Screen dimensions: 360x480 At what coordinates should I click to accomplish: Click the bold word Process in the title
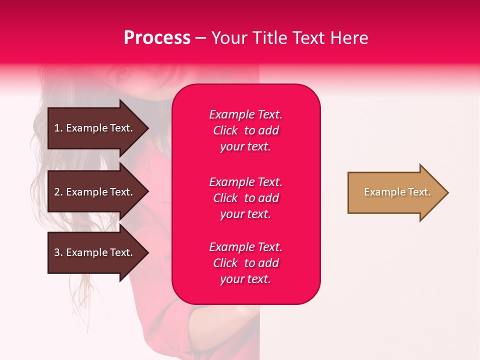(157, 38)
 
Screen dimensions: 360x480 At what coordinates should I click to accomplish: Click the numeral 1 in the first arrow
(57, 128)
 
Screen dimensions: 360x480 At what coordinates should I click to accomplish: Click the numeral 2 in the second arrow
(57, 192)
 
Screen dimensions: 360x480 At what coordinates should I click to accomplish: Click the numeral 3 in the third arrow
(57, 252)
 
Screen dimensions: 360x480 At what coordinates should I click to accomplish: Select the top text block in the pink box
(245, 130)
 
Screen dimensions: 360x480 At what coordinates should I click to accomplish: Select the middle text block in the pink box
(245, 198)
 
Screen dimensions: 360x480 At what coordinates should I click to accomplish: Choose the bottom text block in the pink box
(245, 263)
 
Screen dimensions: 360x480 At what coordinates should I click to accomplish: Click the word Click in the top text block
(225, 130)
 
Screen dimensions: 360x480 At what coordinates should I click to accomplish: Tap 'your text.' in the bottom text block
(245, 279)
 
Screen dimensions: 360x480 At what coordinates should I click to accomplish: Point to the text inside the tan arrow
(397, 192)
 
